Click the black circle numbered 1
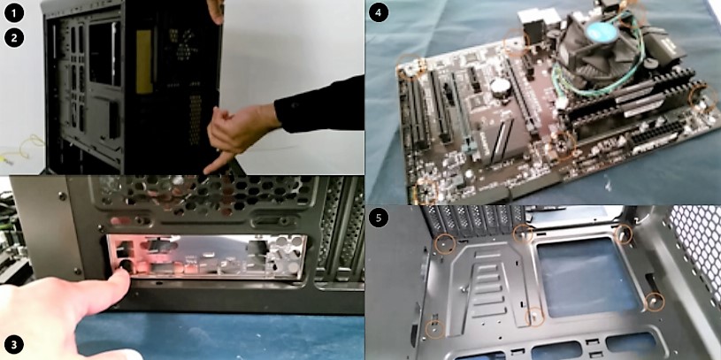(14, 13)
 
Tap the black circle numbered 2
(14, 38)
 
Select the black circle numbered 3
(14, 344)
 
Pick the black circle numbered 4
(379, 12)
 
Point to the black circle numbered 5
(379, 218)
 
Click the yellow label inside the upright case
(144, 62)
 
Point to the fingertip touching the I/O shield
(122, 272)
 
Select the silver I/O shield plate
(207, 257)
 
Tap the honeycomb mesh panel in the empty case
(695, 249)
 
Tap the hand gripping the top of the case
(215, 10)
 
